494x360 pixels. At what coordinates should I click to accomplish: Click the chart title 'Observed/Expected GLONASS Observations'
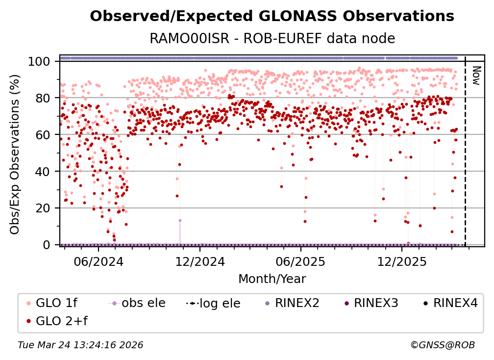272,16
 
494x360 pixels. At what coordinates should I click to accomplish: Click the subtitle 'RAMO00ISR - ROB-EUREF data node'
272,38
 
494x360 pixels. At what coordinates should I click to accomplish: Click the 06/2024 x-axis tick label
98,260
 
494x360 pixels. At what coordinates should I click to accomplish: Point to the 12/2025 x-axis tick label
401,260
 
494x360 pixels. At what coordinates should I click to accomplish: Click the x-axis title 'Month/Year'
272,279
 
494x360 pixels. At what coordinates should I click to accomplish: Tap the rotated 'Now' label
475,75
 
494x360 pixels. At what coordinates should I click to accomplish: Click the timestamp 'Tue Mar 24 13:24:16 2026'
80,345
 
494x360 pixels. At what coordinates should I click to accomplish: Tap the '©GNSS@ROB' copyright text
442,345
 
